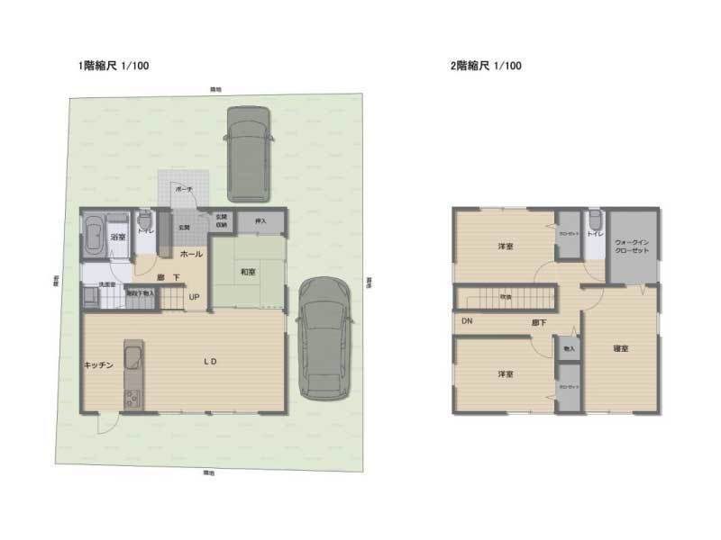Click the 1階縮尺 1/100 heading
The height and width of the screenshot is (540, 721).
[x=114, y=66]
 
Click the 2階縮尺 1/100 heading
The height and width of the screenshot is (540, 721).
[x=486, y=66]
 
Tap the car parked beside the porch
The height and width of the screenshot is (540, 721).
[x=248, y=153]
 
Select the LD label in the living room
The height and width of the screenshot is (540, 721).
[x=209, y=362]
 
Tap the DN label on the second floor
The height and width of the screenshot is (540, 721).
[x=467, y=321]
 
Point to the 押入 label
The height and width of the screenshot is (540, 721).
[x=260, y=220]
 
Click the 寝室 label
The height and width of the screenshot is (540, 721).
[x=620, y=348]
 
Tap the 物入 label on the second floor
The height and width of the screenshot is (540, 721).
[x=568, y=347]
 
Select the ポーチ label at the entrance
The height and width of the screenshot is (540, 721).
[x=184, y=190]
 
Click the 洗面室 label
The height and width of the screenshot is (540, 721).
[x=107, y=284]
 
